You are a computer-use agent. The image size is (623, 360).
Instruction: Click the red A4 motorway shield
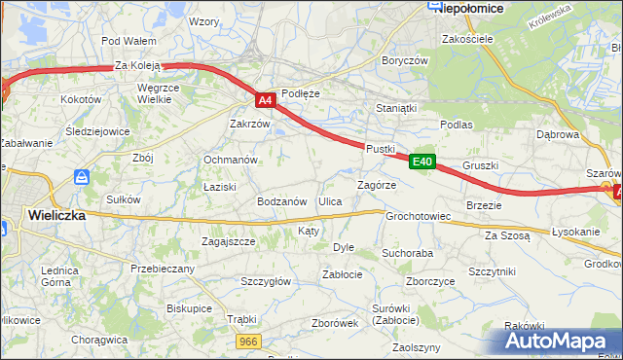tap(266, 100)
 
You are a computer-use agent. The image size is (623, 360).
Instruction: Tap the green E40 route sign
tap(421, 163)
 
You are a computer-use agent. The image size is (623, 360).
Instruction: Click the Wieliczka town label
tap(56, 215)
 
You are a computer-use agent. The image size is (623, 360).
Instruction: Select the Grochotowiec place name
tap(418, 216)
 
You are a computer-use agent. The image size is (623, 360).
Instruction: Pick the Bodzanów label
tap(282, 201)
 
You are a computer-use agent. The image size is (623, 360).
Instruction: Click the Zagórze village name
tap(376, 184)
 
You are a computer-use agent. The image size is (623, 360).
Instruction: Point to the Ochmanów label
tap(230, 160)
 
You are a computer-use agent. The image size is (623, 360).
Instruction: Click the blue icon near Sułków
tap(83, 178)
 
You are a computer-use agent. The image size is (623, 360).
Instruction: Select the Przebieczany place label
tap(163, 268)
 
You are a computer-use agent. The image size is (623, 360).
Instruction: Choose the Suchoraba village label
tap(407, 253)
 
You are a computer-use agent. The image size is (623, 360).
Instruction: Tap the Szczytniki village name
tap(492, 271)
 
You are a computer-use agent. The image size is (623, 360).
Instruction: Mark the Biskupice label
tap(189, 307)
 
